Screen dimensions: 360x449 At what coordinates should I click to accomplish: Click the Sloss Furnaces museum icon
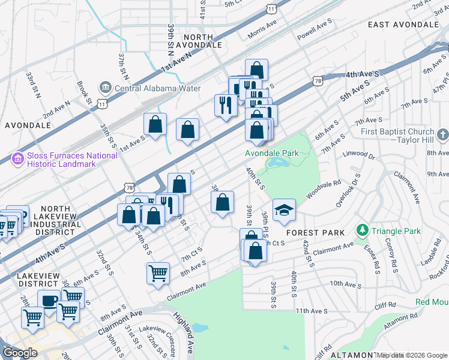coord(16,160)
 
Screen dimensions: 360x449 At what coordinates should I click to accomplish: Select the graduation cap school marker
coord(284,209)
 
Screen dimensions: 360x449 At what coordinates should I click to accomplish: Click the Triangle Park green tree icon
coord(362,230)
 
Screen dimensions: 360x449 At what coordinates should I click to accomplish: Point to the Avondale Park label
coord(271,153)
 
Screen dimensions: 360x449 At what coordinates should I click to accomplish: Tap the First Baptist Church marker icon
coord(442,133)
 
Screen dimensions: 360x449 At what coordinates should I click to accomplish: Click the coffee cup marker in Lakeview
coord(49,300)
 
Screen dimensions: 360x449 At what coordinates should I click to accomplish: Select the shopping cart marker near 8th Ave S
coord(158,273)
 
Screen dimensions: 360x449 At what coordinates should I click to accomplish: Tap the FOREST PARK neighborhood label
coord(315,232)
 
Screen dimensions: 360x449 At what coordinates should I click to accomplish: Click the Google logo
coord(19,353)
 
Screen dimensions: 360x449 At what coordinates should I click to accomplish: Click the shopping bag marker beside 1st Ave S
coord(155,125)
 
